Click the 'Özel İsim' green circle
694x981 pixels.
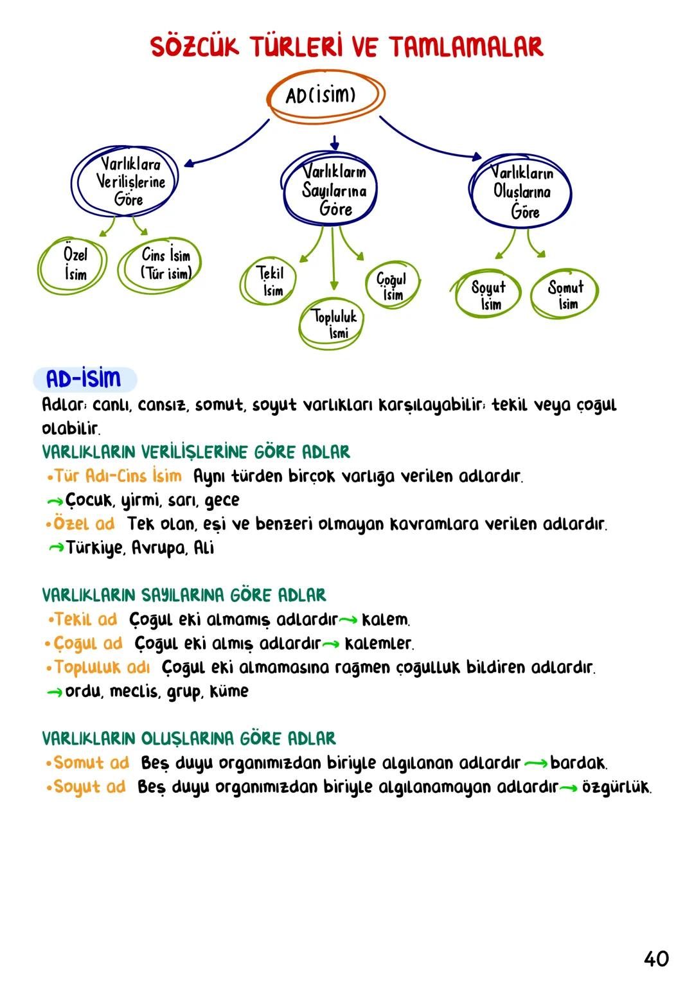coord(75,264)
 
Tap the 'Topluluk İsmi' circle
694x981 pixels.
coord(333,324)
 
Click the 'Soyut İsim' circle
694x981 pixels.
coord(488,295)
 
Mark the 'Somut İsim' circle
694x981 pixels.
coord(565,295)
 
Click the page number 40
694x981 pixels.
coord(656,959)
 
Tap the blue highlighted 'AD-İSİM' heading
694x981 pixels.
coord(84,380)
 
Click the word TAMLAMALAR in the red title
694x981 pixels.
coord(467,47)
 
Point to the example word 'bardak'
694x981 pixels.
coord(578,763)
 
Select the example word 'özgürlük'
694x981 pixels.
coord(616,787)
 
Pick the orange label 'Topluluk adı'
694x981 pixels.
coord(102,667)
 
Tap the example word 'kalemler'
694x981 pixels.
coord(378,643)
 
